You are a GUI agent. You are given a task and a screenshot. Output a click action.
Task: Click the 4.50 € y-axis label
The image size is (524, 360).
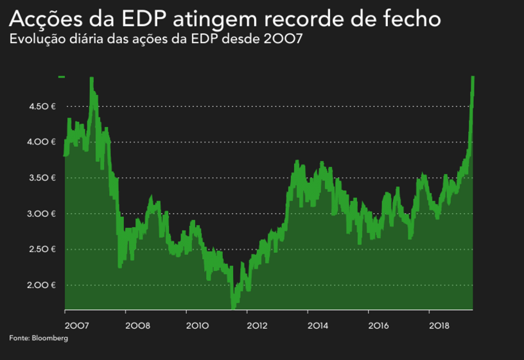(42, 106)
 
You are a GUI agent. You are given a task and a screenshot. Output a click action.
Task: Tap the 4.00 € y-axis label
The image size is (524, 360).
(42, 142)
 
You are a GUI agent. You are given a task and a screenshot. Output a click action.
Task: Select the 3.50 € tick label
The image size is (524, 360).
(42, 178)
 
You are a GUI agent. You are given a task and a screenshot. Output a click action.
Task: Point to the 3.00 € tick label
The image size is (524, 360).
(42, 214)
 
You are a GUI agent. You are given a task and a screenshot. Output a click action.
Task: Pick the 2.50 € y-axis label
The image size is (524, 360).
(42, 250)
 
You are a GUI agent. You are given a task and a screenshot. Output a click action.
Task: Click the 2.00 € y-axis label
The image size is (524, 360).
(42, 286)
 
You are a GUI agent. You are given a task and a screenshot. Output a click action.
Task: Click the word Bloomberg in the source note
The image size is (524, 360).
(50, 338)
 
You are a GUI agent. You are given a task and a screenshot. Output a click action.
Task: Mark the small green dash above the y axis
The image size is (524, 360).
(62, 77)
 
